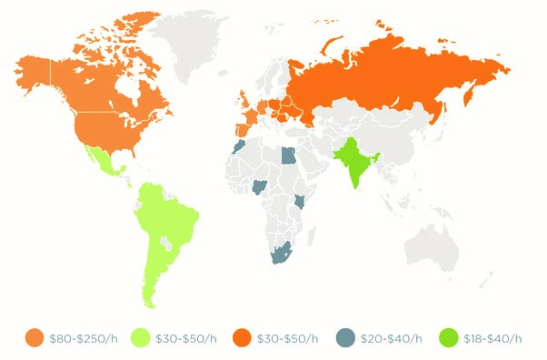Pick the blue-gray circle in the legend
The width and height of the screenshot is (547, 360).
(x=343, y=338)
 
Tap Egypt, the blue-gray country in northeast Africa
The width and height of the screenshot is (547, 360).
(x=288, y=155)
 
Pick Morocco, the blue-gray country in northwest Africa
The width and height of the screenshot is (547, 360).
(x=238, y=147)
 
